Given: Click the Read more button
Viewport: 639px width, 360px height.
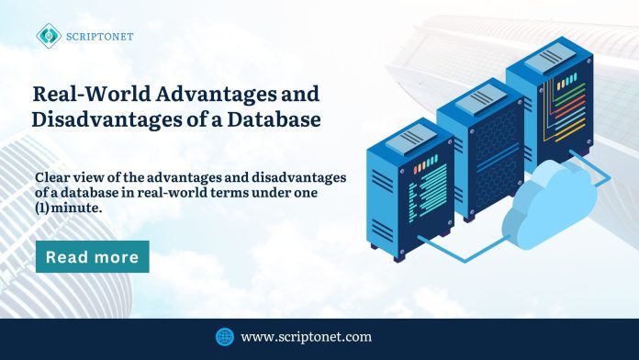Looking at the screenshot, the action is [x=92, y=257].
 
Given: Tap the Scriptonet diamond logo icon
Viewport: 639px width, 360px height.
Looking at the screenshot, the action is [x=48, y=36].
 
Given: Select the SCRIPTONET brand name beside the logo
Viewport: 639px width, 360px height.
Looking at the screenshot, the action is [x=98, y=36].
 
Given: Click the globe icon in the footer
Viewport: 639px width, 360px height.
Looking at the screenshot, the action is [x=224, y=336].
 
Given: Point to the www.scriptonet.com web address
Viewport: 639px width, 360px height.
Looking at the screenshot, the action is [x=306, y=337].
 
